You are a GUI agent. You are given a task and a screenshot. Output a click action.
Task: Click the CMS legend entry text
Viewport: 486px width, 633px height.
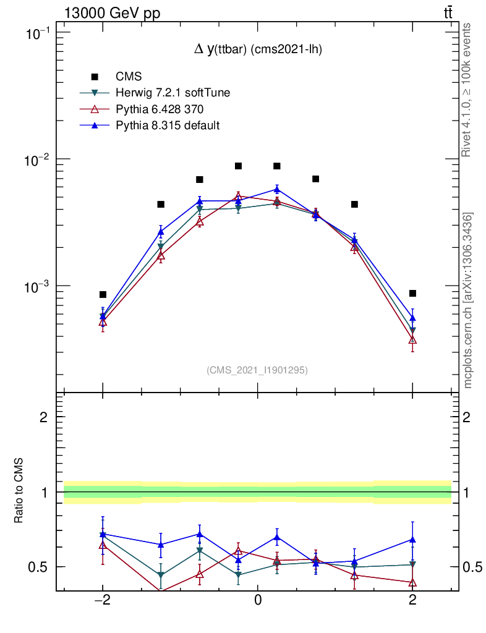click(129, 77)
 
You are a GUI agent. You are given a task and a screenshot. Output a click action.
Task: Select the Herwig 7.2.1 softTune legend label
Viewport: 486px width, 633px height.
click(173, 93)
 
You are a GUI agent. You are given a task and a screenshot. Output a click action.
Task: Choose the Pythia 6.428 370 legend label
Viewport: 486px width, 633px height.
click(160, 109)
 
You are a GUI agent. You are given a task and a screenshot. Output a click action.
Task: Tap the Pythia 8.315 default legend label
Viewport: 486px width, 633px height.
click(168, 125)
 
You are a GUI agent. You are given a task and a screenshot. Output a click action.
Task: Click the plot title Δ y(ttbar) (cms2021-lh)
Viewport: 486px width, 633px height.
click(258, 49)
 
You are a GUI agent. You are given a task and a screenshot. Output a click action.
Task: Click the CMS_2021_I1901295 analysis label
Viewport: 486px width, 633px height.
click(257, 370)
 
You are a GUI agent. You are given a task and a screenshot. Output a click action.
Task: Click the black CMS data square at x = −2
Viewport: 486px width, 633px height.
click(103, 294)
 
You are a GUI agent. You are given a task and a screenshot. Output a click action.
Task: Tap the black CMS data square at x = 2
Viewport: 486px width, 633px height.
click(412, 293)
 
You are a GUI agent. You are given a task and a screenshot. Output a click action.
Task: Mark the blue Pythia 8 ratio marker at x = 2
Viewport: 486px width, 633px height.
click(412, 540)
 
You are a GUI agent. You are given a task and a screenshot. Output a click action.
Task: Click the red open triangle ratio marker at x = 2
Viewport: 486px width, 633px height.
click(412, 582)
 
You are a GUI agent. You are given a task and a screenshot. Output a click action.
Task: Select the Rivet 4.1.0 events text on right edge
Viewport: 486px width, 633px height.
click(467, 90)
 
